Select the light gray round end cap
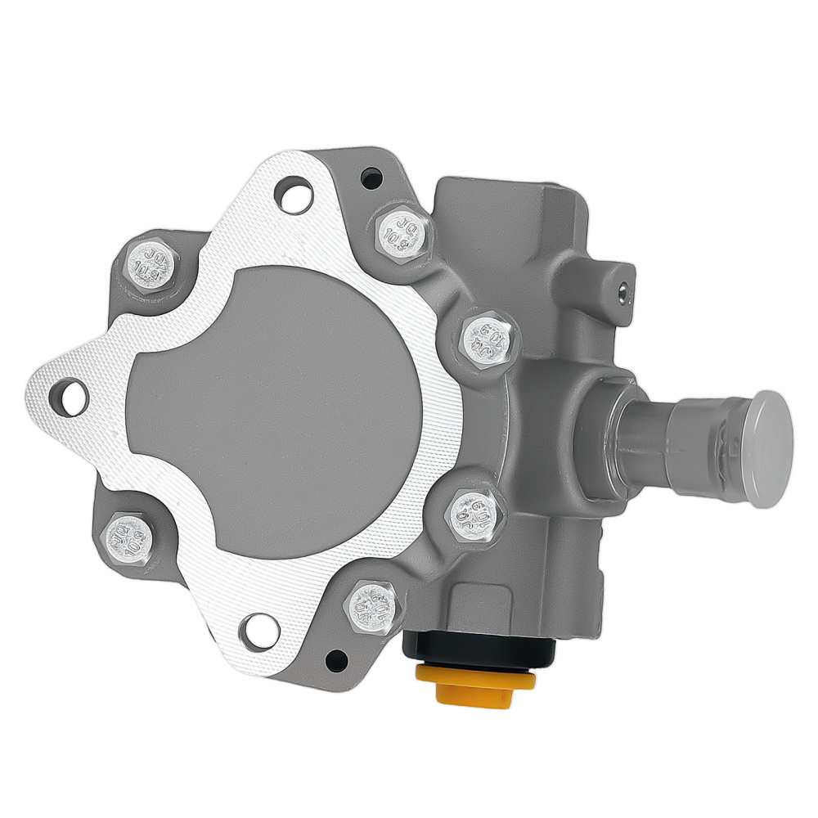point(770,448)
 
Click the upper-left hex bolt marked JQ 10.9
point(151,266)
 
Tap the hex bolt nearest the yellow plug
point(372,606)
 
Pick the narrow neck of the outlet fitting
point(646,429)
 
